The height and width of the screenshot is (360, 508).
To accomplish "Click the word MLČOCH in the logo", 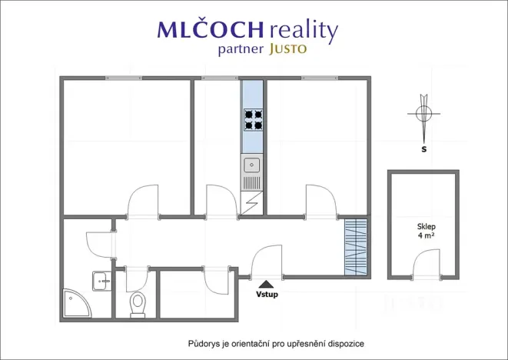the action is point(211,29).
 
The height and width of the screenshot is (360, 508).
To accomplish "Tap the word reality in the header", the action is point(304,31).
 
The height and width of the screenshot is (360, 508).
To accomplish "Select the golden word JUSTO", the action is point(287,49).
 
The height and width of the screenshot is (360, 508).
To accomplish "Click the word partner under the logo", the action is point(241,50).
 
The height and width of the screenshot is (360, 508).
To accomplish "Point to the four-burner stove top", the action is point(254,120).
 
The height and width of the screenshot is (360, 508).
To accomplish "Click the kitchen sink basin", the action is point(252,165).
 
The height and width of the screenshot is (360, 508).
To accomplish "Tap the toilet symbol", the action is point(138,305).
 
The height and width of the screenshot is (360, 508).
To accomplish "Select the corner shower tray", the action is point(78,303).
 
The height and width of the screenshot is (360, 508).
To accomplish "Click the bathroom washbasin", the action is point(102,281).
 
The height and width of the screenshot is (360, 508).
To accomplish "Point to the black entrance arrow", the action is point(267,285).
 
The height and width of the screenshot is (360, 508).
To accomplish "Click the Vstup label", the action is point(267,295).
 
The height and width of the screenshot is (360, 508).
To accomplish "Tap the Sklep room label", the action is point(427,227).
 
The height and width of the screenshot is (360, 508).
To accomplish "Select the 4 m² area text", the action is point(427,235).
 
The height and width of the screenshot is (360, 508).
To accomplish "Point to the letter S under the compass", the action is point(423,149).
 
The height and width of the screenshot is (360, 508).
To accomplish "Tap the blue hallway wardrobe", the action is point(356,247).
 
